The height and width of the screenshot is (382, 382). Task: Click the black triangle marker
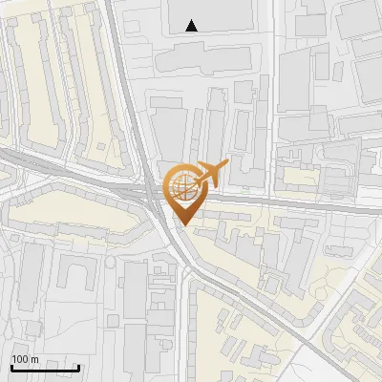click(192, 26)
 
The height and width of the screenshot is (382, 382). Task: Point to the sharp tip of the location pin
click(181, 225)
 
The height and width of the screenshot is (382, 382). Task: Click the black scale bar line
click(45, 368)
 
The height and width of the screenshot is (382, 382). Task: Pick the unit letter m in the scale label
click(35, 359)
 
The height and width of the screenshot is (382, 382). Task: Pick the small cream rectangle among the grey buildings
click(302, 177)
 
